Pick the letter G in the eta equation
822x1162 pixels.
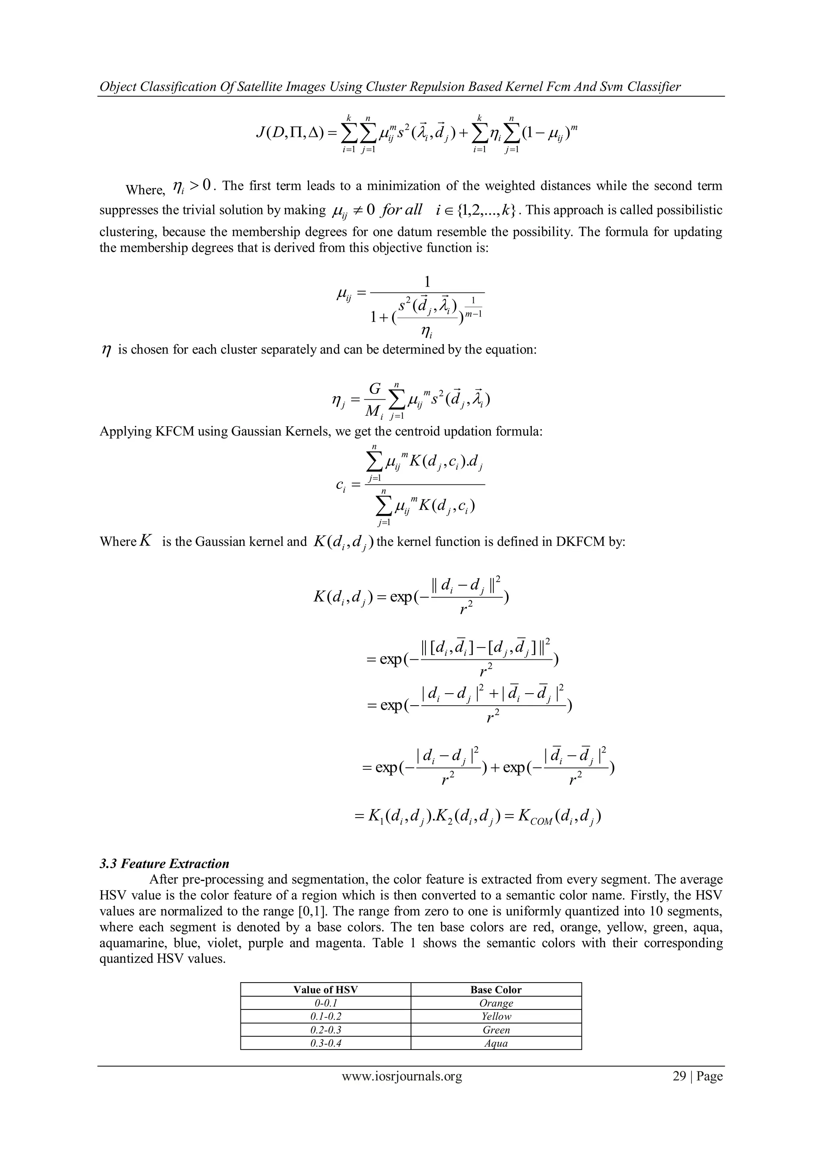pos(374,389)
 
